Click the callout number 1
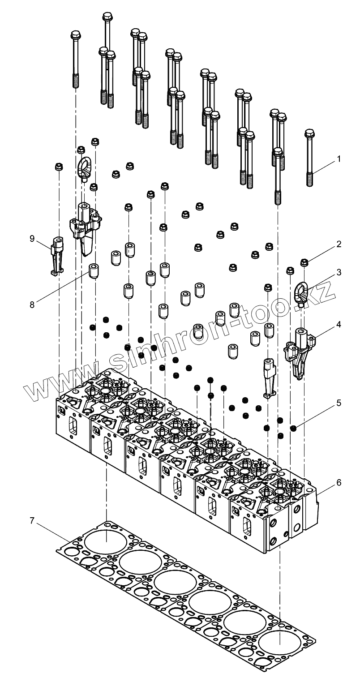339,159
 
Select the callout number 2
339,244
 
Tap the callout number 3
339,272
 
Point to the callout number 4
339,324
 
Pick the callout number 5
339,403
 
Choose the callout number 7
32,521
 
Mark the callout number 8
32,304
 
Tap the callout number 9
32,239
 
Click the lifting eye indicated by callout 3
300,292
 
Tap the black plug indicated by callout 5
293,429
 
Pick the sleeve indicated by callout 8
94,271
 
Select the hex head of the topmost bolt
107,17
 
